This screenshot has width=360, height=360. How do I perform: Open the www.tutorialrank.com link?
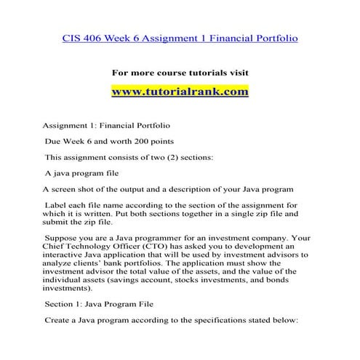coord(180,92)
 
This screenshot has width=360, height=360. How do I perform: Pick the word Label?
coord(59,205)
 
